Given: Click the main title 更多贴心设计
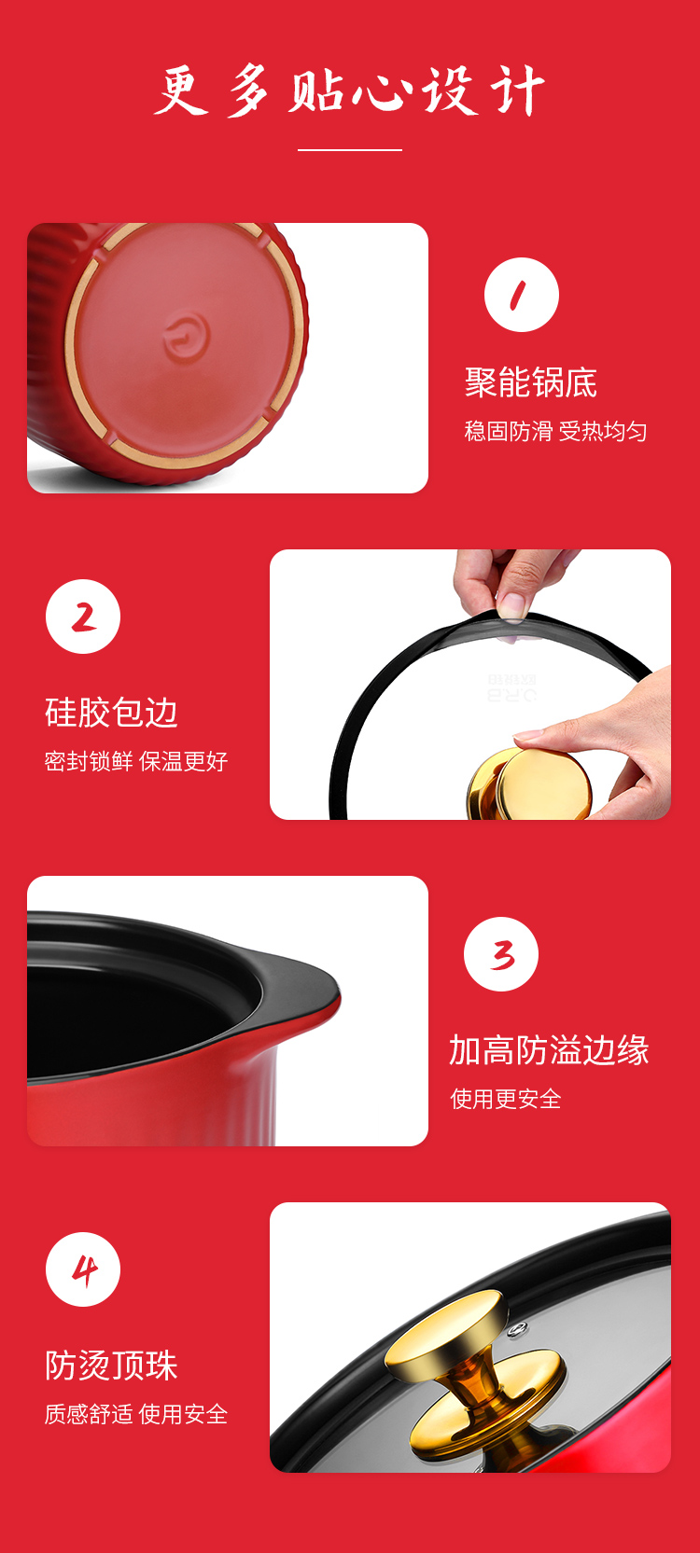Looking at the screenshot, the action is [349, 90].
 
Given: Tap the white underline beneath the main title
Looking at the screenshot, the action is [350, 150].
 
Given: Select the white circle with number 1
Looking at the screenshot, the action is [522, 295].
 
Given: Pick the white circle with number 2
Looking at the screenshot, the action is [83, 617].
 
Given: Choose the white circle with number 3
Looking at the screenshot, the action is [501, 954].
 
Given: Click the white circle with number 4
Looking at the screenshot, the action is [83, 1269].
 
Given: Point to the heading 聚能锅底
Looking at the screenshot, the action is [531, 382].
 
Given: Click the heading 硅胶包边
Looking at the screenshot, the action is [112, 713].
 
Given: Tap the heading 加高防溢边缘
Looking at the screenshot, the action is [549, 1049].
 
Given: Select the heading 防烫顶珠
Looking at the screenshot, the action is [112, 1366].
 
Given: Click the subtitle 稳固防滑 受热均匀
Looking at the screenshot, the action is [555, 431].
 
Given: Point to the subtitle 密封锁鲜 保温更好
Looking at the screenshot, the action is [136, 761].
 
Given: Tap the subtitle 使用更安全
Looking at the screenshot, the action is [506, 1099].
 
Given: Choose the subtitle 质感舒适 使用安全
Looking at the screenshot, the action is [136, 1414].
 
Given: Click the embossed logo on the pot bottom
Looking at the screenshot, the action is [186, 337].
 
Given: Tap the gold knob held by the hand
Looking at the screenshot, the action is [530, 783].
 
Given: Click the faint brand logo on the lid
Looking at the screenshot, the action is [512, 687].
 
